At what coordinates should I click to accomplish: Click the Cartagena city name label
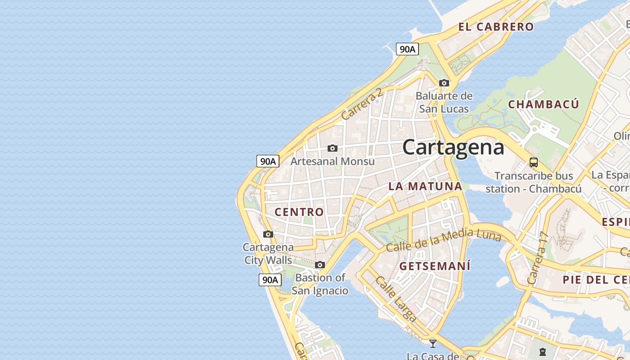(x=453, y=148)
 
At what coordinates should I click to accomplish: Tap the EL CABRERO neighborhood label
(x=496, y=27)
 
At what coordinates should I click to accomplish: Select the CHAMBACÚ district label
(x=543, y=104)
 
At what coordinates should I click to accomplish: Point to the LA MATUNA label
(x=425, y=186)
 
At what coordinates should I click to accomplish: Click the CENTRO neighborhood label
(x=299, y=212)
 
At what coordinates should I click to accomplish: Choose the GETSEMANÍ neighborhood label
(x=435, y=266)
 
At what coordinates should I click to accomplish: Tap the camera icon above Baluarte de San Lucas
(x=444, y=83)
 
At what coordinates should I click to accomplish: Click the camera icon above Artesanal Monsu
(x=333, y=148)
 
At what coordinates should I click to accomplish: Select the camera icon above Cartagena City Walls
(x=268, y=234)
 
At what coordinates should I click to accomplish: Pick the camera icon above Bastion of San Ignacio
(x=320, y=265)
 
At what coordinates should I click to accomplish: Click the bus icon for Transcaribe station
(x=534, y=162)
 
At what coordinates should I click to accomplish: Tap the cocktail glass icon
(x=433, y=343)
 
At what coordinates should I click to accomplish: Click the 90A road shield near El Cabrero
(x=407, y=49)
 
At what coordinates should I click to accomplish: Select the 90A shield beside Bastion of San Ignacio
(x=270, y=279)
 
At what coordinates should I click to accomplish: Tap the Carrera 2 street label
(x=362, y=104)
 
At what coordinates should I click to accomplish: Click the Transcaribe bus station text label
(x=534, y=182)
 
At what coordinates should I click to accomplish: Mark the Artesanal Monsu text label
(x=333, y=161)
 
